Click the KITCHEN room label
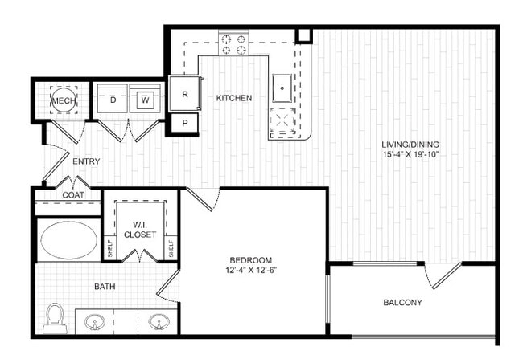[x=234, y=98]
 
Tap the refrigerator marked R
[x=184, y=94]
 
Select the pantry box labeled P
[x=185, y=123]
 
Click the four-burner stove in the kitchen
[x=233, y=44]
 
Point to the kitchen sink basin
[x=282, y=88]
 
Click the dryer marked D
[x=113, y=99]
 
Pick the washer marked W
[x=145, y=99]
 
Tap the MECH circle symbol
[x=64, y=100]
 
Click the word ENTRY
[x=86, y=161]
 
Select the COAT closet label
[x=73, y=195]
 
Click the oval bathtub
[x=69, y=239]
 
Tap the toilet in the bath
[x=56, y=318]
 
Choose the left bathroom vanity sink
[x=95, y=322]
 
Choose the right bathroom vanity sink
[x=159, y=322]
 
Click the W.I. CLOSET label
[x=140, y=230]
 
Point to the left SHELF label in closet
[x=110, y=248]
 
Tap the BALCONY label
[x=402, y=303]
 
